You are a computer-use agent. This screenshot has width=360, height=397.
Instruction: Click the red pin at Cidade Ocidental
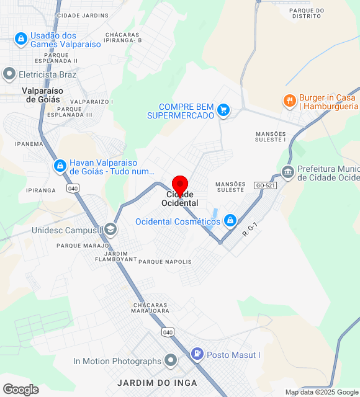[180, 185]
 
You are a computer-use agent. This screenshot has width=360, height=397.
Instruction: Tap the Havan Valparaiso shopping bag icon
[60, 166]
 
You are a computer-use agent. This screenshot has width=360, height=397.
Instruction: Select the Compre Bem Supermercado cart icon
[223, 111]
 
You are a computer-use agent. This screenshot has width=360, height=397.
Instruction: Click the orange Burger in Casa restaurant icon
[289, 100]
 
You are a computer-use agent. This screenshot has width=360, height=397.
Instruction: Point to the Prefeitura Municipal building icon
[287, 172]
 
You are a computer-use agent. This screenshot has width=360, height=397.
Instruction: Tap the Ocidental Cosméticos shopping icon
[230, 220]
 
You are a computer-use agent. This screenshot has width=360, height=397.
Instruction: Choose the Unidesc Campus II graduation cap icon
[110, 230]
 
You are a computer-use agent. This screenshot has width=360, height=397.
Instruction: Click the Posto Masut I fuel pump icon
[197, 354]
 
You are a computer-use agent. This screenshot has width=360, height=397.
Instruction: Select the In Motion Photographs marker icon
[171, 360]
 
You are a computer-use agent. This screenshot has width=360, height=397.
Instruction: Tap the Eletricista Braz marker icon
[9, 74]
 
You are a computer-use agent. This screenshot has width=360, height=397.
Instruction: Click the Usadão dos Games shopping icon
[21, 40]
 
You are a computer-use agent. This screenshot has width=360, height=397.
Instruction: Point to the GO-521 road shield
[264, 185]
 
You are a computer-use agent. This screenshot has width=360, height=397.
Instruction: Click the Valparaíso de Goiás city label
[41, 95]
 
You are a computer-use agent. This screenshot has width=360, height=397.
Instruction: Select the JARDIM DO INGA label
[157, 382]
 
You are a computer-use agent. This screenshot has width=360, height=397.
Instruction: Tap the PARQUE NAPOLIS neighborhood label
[165, 262]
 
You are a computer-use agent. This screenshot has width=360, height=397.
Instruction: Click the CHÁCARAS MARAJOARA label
[151, 308]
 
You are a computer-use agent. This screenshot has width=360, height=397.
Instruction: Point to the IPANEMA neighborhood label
[30, 144]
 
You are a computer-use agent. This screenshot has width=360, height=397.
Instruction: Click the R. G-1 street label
[250, 230]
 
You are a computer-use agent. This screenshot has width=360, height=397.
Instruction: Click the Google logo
[20, 389]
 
